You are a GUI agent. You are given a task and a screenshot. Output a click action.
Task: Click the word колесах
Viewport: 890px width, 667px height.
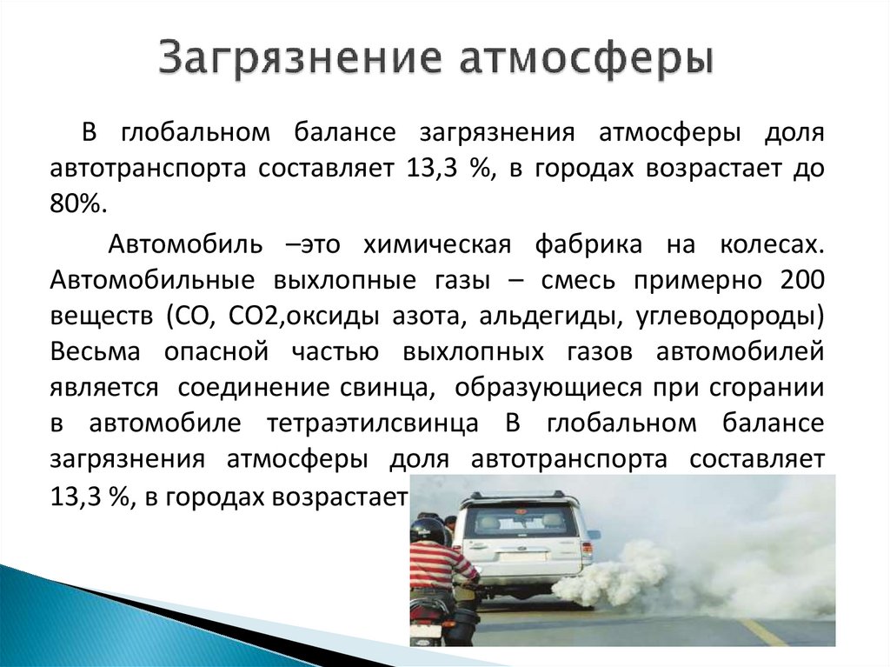coord(770,245)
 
